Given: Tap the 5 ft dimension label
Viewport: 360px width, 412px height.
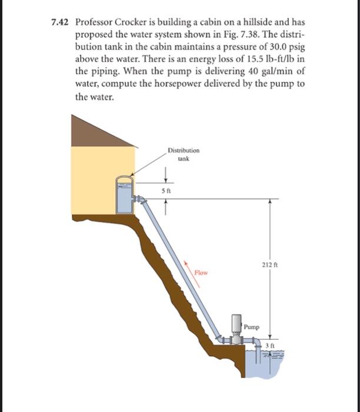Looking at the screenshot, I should (167, 190).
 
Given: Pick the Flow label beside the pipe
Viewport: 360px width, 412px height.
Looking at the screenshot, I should (202, 273).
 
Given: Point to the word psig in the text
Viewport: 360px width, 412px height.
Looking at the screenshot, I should (294, 47).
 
